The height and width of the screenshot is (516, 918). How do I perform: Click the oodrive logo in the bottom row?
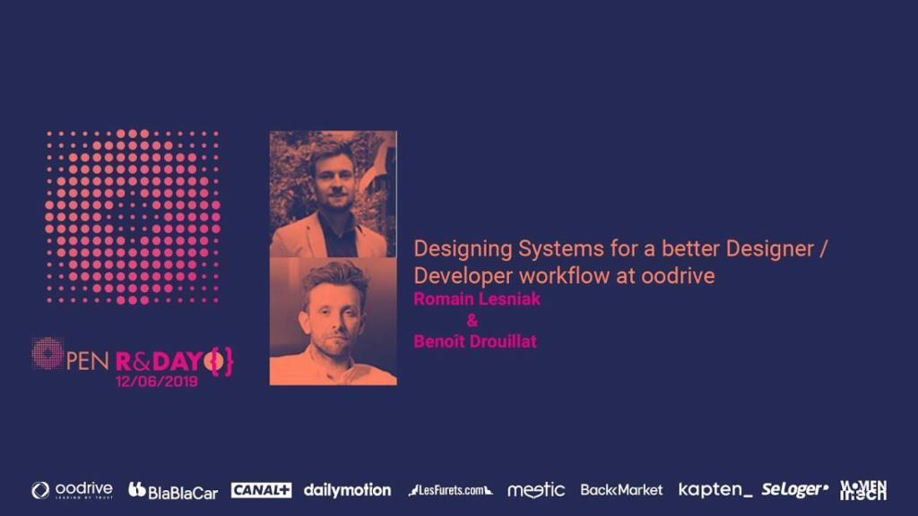coord(73,490)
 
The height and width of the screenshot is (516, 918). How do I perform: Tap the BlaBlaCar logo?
coord(173,490)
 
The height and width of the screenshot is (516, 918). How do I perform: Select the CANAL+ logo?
coord(261,490)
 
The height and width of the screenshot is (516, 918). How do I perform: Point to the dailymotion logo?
coord(347,490)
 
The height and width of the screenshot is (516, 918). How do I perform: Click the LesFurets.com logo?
coord(450,490)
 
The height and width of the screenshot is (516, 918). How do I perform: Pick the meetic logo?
coord(536,490)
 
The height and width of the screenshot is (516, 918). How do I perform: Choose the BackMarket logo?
coord(621,490)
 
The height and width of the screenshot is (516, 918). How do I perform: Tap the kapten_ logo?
coord(714,490)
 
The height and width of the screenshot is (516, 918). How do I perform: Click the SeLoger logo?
coord(794,490)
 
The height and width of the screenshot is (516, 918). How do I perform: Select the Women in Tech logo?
coord(863,490)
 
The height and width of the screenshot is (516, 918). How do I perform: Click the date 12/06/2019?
coord(156,380)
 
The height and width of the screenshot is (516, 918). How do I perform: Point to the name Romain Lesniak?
coord(477,299)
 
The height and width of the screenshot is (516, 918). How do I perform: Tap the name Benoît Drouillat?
coord(475,341)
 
